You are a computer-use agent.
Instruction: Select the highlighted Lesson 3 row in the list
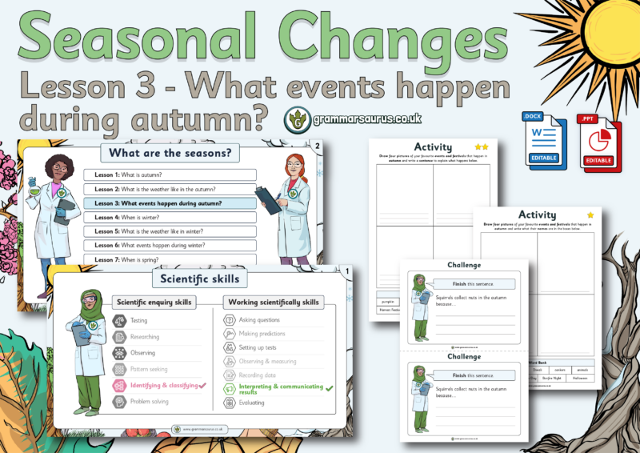pos(170,203)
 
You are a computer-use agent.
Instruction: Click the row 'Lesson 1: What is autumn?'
pos(170,174)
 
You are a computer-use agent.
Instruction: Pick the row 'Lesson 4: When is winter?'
pos(170,218)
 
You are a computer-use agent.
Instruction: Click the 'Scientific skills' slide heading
pos(200,279)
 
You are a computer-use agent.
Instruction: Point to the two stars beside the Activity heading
pos(481,147)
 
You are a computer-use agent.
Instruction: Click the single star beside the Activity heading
pos(591,214)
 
